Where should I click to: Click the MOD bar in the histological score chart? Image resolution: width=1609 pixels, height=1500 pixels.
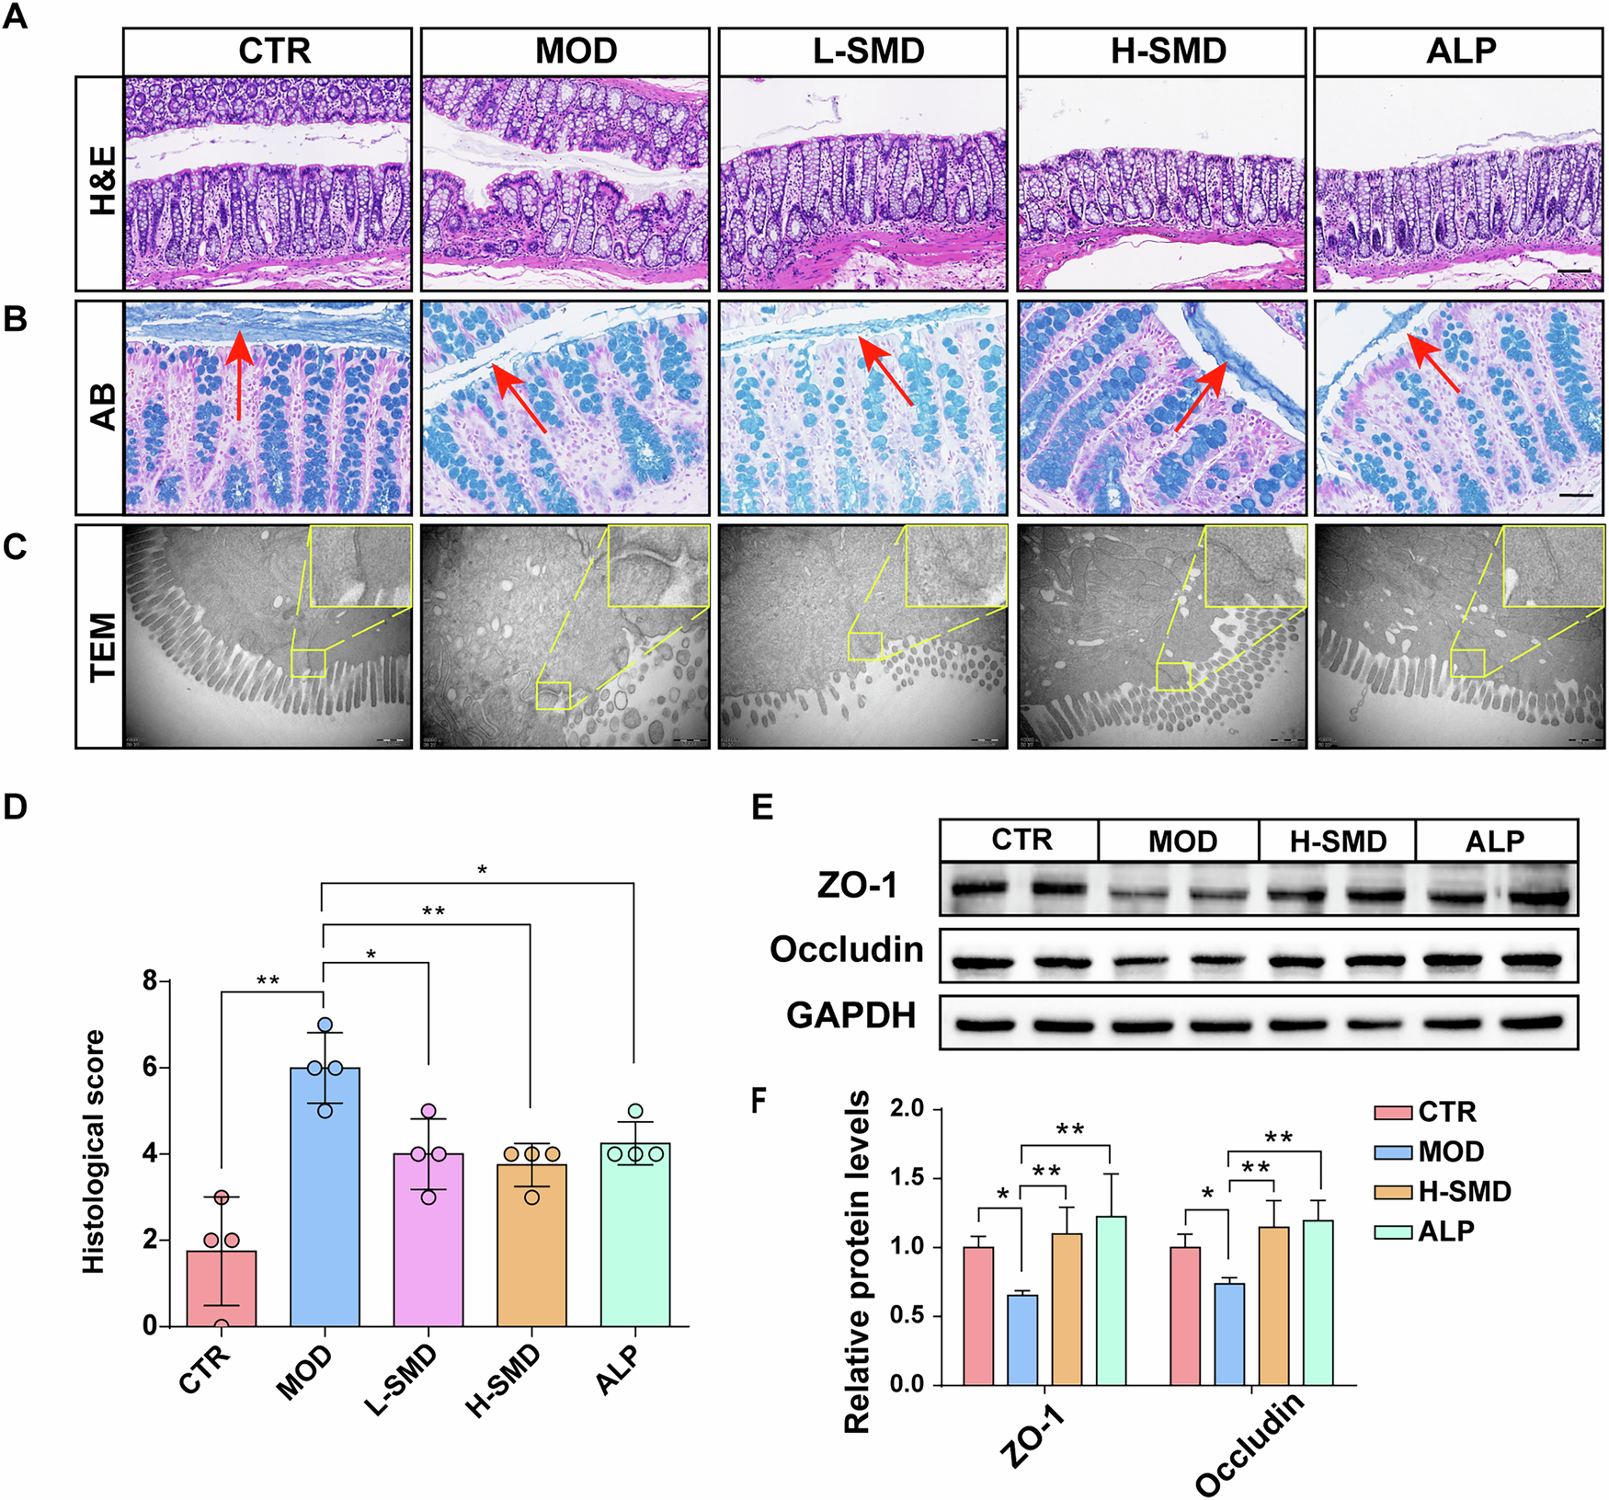[x=325, y=1196]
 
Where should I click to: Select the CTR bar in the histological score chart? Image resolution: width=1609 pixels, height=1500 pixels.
[x=221, y=1288]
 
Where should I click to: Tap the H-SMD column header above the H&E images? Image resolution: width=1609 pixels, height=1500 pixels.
[x=1168, y=52]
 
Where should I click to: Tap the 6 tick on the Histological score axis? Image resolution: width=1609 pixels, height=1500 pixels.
[x=150, y=1068]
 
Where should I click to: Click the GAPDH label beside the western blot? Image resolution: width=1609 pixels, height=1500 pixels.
[x=851, y=1015]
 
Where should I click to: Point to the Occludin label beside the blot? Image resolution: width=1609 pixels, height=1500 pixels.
[x=847, y=949]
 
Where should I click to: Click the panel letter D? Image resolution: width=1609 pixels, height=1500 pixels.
[x=16, y=807]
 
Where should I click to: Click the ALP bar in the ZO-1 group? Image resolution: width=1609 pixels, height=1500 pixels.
[x=1111, y=1300]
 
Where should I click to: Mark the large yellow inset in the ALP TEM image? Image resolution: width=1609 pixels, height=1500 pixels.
[x=1554, y=566]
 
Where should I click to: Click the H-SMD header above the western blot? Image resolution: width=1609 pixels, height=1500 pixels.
[x=1337, y=841]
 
